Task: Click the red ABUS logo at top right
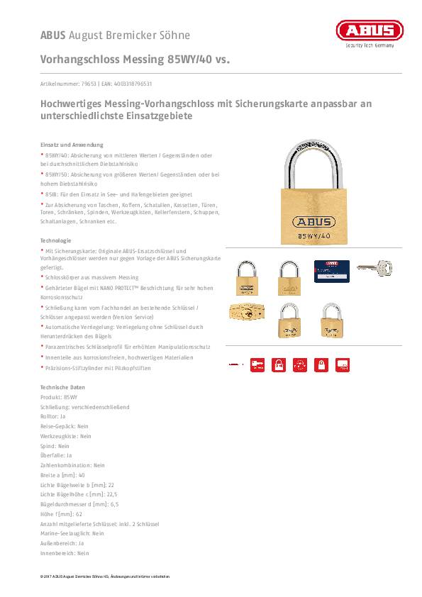pos(369,30)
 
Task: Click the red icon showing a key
pos(257,364)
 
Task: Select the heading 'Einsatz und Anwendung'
pos(72,144)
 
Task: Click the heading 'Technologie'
pos(55,240)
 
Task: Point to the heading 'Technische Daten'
pos(62,387)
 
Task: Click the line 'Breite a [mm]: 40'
pos(62,475)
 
